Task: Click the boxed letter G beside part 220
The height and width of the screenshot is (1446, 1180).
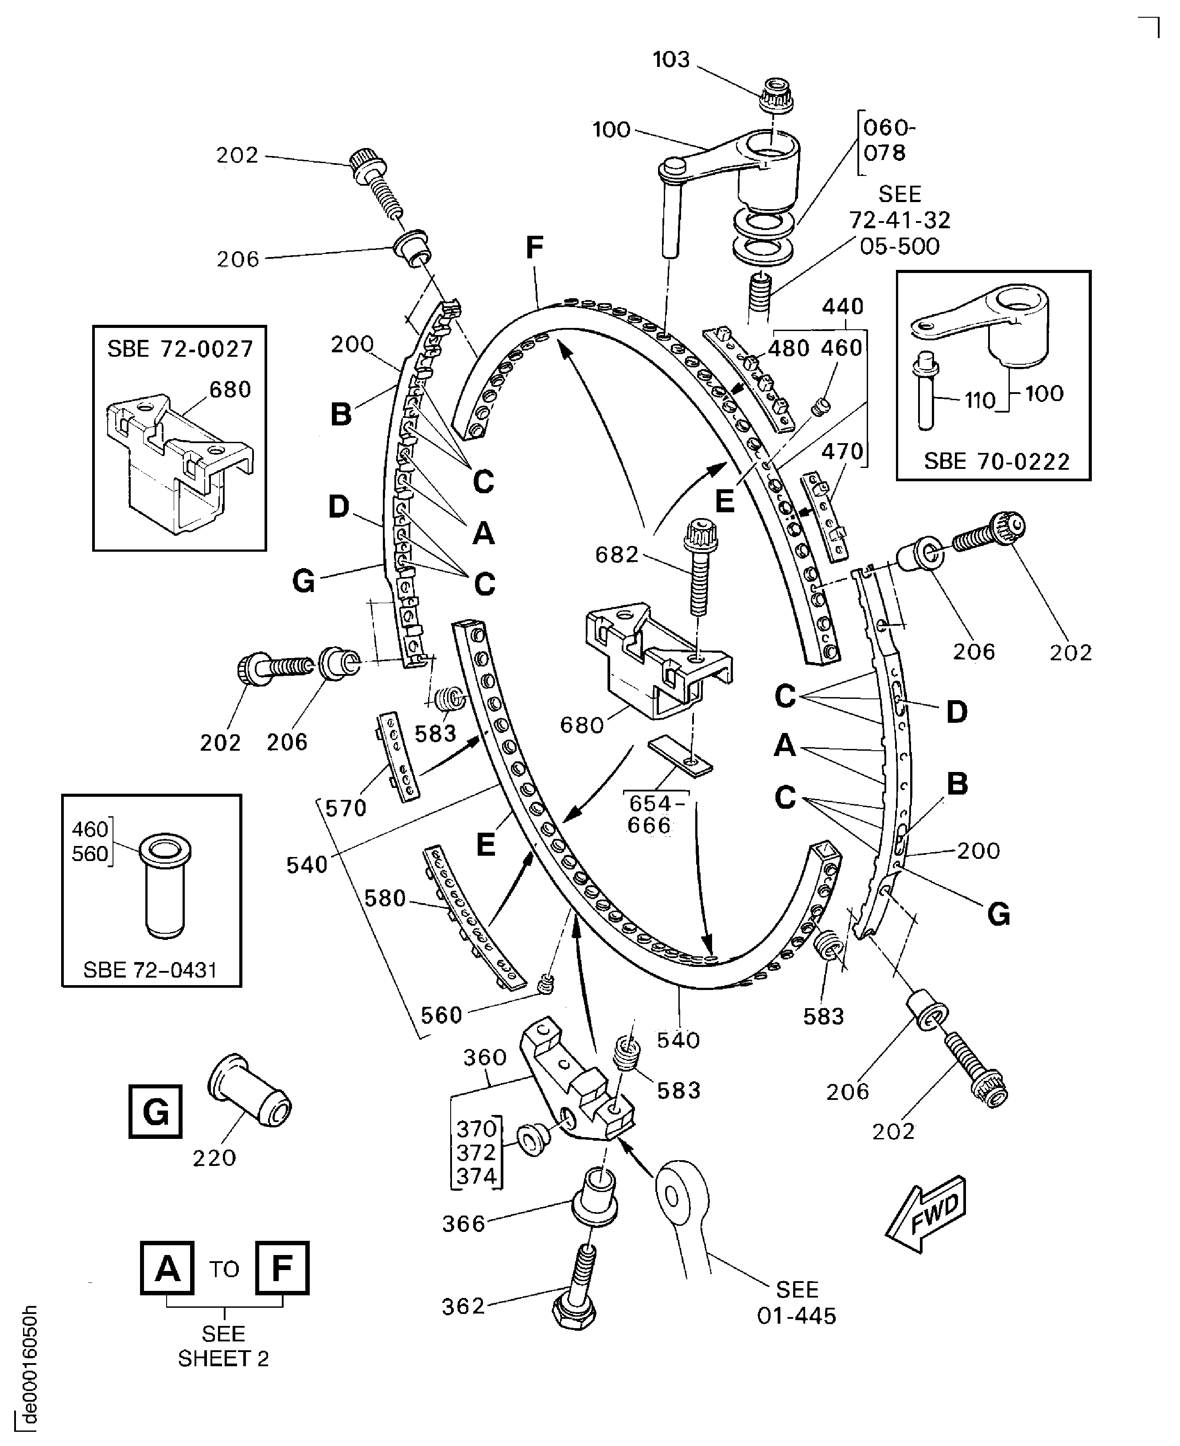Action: point(156,1111)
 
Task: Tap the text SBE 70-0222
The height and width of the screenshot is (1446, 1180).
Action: point(997,462)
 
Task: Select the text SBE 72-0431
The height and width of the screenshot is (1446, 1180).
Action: point(150,970)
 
